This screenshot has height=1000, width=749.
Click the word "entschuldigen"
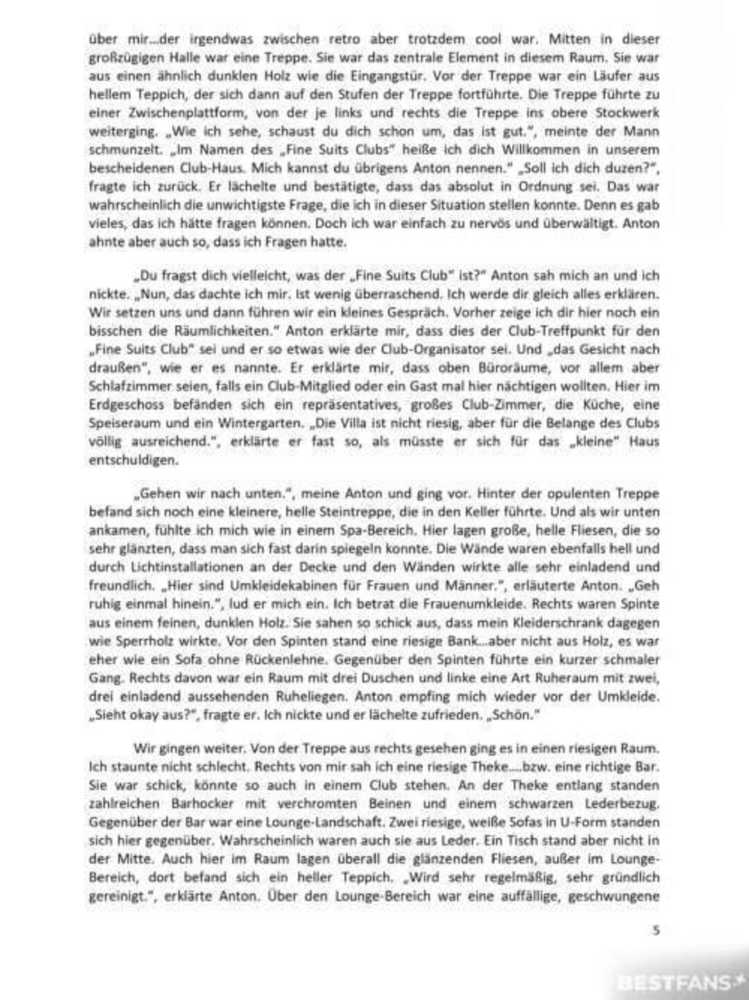pyautogui.click(x=133, y=460)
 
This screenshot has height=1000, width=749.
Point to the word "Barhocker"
pyautogui.click(x=205, y=804)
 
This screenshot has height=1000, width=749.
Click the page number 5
pyautogui.click(x=656, y=931)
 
